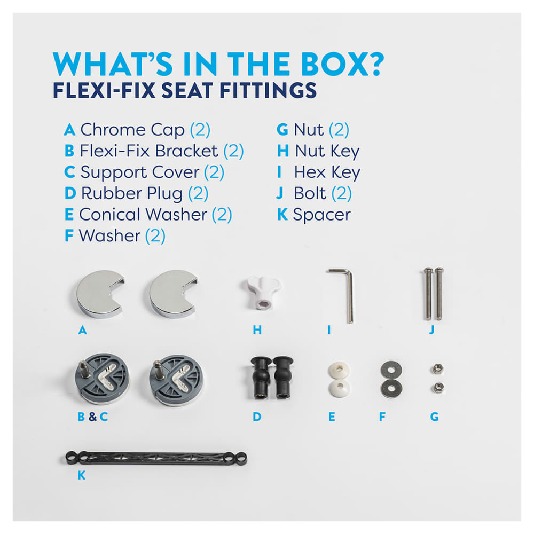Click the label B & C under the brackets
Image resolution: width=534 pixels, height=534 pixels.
point(92,417)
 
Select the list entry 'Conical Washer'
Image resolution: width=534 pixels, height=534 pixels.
point(143,215)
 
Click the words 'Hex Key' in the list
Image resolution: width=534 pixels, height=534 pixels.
point(327,172)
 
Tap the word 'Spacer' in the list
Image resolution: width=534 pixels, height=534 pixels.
point(321,215)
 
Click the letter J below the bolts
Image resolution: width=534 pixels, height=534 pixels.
point(431,330)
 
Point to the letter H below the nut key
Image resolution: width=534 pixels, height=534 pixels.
point(257,330)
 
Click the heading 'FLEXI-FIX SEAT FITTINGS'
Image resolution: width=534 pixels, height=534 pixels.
point(185,90)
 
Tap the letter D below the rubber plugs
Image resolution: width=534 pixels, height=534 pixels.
point(257,417)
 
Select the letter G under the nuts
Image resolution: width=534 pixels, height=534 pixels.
point(434,417)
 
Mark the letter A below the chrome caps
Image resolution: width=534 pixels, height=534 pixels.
point(82,330)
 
